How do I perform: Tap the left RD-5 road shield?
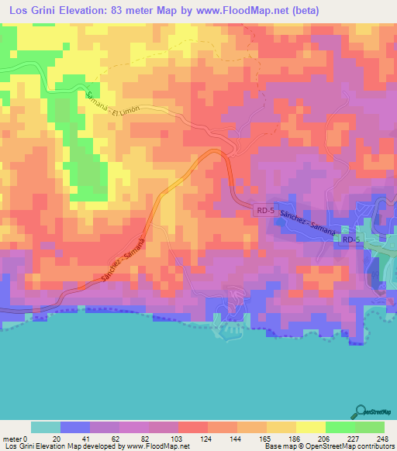pos(264,210)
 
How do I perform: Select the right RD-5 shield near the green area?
pos(351,239)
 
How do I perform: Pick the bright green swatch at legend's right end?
pos(369,427)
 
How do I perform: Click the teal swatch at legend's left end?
pos(46,427)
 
